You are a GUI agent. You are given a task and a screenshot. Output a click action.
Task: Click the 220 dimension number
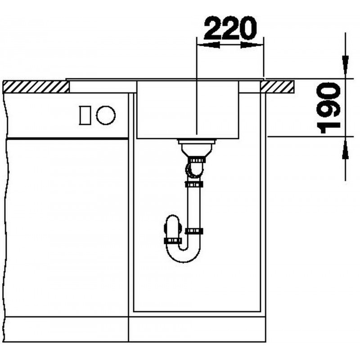click(x=230, y=27)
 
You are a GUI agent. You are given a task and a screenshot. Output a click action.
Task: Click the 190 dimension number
click(x=328, y=108)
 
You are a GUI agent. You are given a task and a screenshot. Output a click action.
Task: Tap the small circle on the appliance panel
click(x=106, y=115)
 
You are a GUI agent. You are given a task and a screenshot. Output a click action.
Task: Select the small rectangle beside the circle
click(x=85, y=115)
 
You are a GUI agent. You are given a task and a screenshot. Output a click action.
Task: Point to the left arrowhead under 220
click(x=208, y=45)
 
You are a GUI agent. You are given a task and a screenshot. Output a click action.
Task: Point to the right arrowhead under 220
click(x=252, y=45)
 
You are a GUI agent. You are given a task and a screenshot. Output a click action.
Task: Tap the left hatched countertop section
click(x=36, y=87)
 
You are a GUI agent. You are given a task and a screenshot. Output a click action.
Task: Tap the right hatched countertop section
click(x=278, y=87)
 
